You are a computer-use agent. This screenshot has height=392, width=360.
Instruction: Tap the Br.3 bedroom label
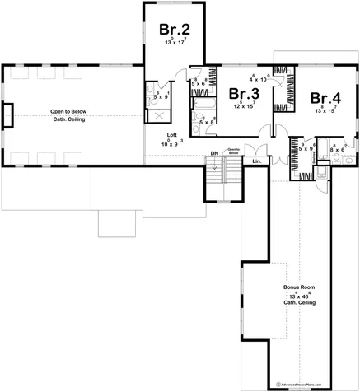[244, 94]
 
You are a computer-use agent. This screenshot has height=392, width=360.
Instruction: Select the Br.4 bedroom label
[325, 98]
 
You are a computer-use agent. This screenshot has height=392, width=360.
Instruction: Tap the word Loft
[172, 134]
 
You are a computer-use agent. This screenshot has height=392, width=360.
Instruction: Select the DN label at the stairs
[213, 153]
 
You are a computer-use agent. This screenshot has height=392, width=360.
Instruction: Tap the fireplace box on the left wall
[7, 115]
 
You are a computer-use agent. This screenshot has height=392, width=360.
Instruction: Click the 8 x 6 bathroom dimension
[336, 149]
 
